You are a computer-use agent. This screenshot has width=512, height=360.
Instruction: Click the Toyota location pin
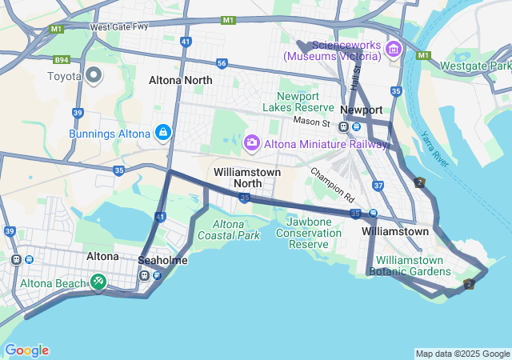coord(94,75)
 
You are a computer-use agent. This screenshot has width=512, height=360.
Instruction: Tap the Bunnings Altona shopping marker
coord(162,131)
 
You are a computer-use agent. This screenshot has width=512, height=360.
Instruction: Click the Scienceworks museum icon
coord(392,50)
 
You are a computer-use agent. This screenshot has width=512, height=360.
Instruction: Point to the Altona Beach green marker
coord(98,282)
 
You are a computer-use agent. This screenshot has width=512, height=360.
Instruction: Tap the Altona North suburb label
coord(181,81)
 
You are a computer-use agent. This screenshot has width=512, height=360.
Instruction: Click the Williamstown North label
coord(247,178)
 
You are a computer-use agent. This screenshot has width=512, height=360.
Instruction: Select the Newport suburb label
coord(362,110)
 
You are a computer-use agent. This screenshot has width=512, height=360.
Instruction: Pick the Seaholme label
coord(162,261)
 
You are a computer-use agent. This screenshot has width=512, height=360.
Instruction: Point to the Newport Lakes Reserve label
coord(299,102)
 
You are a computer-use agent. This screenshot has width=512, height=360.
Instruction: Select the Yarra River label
coord(437,145)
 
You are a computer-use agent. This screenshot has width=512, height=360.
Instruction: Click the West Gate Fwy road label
coord(119,27)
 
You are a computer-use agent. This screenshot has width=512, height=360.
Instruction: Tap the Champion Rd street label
coord(332,183)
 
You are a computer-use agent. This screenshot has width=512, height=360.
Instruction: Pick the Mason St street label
coord(311,122)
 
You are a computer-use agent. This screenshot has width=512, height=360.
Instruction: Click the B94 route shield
coord(62,60)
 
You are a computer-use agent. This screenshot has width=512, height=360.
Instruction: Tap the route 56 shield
coord(222,63)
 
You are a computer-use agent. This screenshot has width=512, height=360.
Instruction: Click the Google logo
coord(26,350)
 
